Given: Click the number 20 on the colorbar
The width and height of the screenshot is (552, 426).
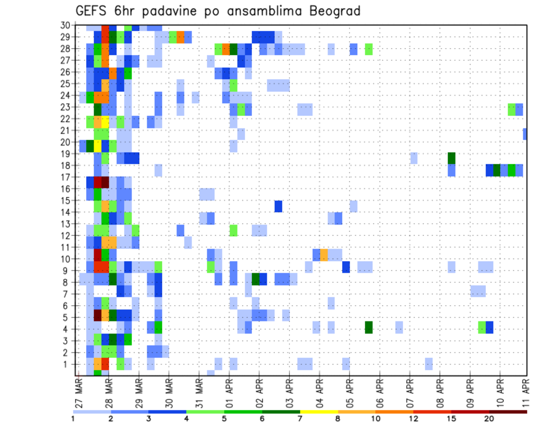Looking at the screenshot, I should click(x=489, y=419).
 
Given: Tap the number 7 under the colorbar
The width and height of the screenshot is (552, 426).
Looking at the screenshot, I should click(x=300, y=419).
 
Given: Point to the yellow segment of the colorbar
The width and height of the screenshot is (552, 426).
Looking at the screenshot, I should click(x=319, y=412).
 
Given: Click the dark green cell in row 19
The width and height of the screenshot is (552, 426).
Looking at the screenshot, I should click(x=451, y=158).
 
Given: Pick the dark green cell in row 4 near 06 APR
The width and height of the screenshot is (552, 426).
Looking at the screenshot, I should click(x=369, y=327).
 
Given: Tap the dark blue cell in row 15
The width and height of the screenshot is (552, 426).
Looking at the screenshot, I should click(x=278, y=206).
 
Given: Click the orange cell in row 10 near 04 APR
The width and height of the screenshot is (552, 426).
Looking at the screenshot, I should click(x=324, y=254).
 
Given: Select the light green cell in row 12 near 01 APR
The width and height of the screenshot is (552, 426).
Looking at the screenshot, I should click(x=233, y=230).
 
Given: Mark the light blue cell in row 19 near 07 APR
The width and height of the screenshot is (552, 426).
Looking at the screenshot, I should click(x=414, y=158).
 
